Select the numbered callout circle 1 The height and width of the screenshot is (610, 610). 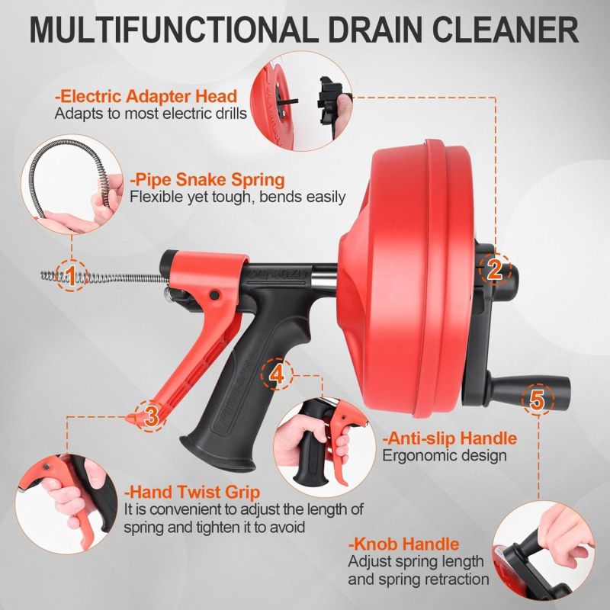(x=71, y=276)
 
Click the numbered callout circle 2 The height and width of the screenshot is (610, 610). (x=494, y=269)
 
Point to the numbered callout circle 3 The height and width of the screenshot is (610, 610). (x=151, y=416)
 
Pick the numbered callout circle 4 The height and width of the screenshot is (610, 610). (x=277, y=374)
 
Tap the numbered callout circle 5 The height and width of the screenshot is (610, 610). (x=538, y=399)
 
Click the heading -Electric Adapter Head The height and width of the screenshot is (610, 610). (x=146, y=96)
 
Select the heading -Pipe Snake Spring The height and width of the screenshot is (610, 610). (x=207, y=180)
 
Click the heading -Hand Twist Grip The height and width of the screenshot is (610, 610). (x=192, y=492)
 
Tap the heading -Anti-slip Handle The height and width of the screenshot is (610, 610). (x=450, y=438)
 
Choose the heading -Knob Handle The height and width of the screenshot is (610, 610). (x=404, y=544)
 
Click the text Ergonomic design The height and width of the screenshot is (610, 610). (x=445, y=455)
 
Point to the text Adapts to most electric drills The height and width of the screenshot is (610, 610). (x=150, y=114)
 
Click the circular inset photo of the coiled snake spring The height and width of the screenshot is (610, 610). (x=72, y=185)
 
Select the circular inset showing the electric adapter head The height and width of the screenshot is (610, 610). (x=301, y=101)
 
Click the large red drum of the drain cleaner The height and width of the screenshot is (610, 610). (x=409, y=278)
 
